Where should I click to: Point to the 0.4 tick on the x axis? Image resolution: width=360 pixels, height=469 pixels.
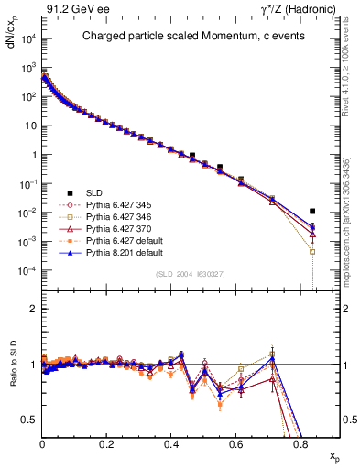click(172, 443)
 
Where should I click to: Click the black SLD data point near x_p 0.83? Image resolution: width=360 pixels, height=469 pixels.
click(312, 211)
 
